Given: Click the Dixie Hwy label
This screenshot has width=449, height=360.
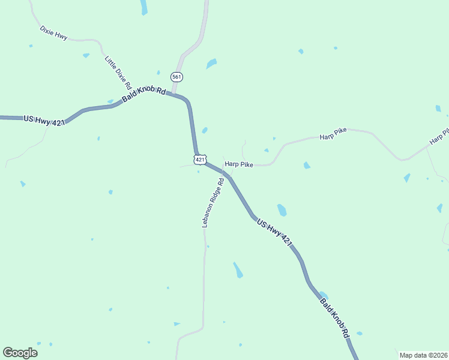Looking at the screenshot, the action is pos(53,32).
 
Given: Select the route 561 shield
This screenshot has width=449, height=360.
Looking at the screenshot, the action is pos(176,77).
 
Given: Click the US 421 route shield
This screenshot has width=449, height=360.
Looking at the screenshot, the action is pos(200,160).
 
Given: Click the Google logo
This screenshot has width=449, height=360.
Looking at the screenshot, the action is pos(20,353).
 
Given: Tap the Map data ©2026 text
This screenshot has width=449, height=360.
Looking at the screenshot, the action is pos(423,355).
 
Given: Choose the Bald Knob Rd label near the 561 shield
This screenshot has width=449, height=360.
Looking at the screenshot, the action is pos(143,94).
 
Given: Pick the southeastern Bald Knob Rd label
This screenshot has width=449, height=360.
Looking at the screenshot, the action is pos(334,318).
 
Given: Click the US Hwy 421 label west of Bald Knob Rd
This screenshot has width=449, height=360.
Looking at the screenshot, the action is pos(44,120).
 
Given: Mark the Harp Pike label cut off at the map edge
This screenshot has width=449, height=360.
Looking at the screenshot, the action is pos(439,137).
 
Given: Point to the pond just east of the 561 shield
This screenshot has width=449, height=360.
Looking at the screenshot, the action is pos(211,63).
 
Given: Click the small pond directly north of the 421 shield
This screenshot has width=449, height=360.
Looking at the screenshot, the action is pos(205,130).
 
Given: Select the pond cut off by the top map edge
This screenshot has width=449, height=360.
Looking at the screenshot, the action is pos(143,7).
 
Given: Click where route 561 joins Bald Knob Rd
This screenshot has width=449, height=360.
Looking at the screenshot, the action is pos(174,95).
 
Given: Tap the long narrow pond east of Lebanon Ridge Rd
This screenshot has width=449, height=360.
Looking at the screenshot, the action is pos(238,269).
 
